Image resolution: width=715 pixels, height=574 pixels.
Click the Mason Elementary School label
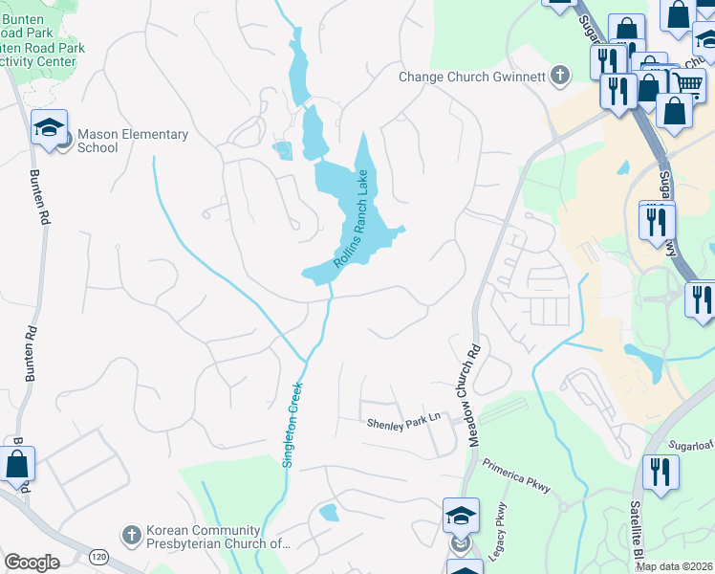132,141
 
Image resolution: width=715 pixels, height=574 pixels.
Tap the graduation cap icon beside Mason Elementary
48,127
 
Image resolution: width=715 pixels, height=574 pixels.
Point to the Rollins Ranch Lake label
351,227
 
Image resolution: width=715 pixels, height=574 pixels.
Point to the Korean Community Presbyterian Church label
217,537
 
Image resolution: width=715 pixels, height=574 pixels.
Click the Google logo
32,563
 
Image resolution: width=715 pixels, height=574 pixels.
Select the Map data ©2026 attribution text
674,566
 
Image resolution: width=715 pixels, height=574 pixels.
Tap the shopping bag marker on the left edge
18,464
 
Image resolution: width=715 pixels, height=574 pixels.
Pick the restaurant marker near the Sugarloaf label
661,472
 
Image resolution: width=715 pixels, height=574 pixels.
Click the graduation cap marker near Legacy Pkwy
461,515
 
